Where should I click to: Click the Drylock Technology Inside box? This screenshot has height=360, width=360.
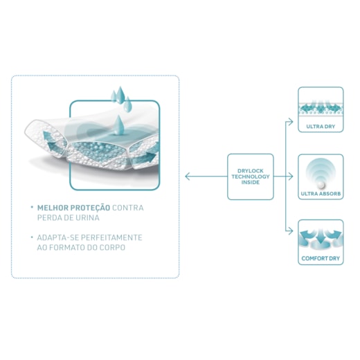point(251,177)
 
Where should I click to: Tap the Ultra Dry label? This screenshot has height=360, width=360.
point(321,127)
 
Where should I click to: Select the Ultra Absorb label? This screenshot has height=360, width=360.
point(321,194)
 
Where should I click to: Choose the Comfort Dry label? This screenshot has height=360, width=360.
point(321,258)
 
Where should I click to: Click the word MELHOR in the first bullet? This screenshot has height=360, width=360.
point(53,208)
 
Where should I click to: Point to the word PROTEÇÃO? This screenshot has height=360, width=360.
point(90,208)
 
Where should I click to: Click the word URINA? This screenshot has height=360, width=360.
point(88,218)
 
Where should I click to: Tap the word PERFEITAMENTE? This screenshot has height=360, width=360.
point(112,237)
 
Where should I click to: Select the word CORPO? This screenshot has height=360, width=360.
point(112,248)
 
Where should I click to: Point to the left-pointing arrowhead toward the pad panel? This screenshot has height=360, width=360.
point(188,177)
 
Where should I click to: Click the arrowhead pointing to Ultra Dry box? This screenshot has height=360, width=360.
point(291,122)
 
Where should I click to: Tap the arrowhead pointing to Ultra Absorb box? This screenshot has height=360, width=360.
point(291,177)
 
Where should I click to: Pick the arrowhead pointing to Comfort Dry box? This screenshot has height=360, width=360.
point(291,231)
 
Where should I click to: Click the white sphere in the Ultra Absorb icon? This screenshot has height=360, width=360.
point(321,185)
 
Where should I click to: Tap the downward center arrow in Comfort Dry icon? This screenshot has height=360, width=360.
point(321,236)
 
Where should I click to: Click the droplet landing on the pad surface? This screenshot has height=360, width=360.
point(118,125)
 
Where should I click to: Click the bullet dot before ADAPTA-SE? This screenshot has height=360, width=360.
point(32,236)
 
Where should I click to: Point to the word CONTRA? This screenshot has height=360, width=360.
point(128,208)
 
